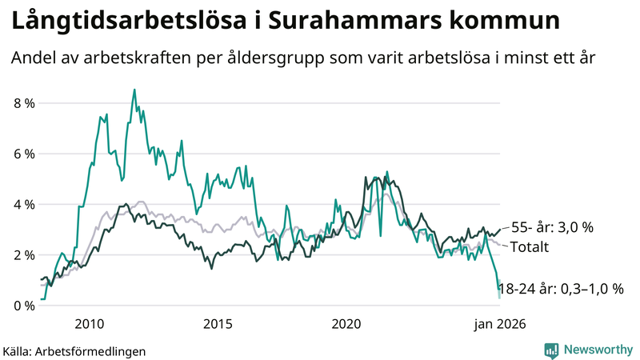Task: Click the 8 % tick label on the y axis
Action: pos(24,103)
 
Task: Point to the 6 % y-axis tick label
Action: pos(24,154)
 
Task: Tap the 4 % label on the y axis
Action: pos(24,204)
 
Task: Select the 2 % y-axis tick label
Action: pos(24,254)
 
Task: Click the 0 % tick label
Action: pos(24,306)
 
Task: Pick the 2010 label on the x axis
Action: pos(89,324)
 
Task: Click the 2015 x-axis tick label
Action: pos(218,324)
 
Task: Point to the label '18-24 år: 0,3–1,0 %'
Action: pos(560,289)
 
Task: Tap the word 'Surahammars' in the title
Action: pos(350,22)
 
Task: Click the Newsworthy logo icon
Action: pos(551,350)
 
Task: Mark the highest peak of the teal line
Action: pos(134,90)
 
